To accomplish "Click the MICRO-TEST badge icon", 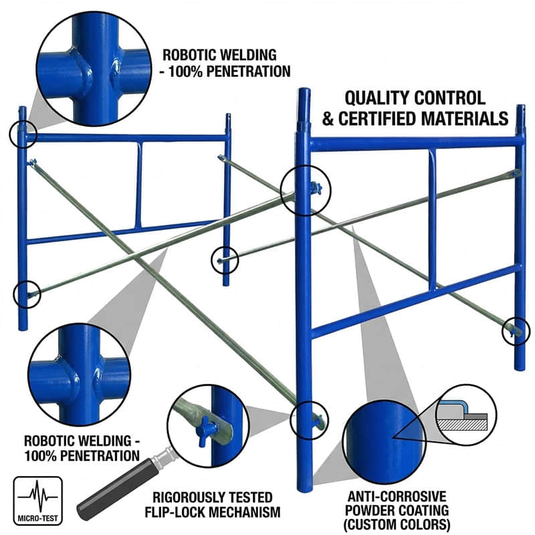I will point(38,497).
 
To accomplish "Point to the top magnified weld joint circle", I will point(92,67).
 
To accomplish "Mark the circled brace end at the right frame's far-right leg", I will point(516,330).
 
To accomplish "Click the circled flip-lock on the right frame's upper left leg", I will point(306,190).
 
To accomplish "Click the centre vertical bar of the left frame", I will point(138,185).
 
